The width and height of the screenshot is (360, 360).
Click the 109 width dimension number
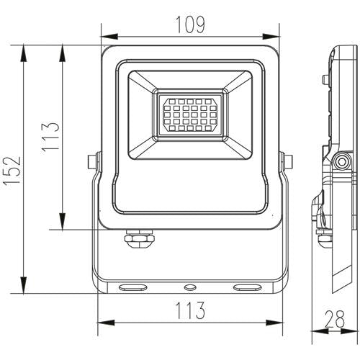(x=189, y=24)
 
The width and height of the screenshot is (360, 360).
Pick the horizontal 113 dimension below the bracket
(x=189, y=310)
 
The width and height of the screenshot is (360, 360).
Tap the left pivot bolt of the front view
(x=91, y=163)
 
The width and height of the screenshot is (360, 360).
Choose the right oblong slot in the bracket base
(x=246, y=287)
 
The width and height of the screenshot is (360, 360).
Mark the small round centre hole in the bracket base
(x=190, y=286)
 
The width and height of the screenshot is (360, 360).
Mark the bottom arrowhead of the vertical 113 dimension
(x=63, y=225)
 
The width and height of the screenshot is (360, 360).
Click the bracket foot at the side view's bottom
(x=336, y=281)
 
